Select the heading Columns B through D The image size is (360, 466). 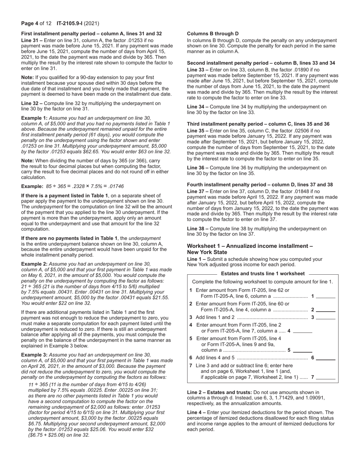click(213, 34)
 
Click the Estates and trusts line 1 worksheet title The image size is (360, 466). click(263, 274)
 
